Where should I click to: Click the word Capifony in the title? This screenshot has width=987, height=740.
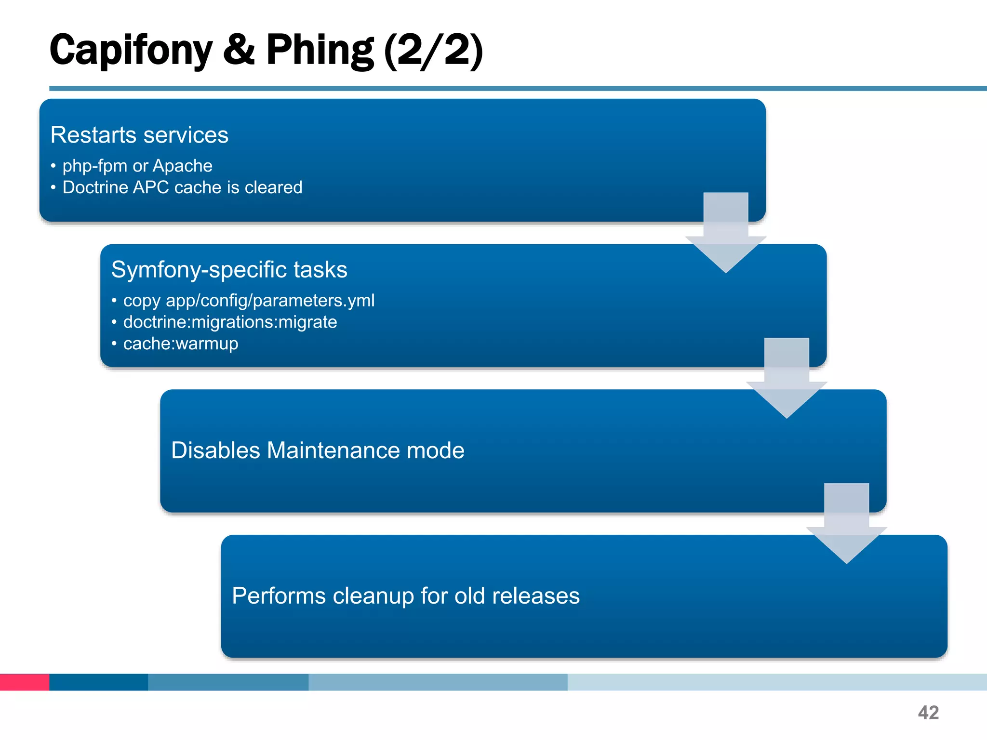tap(131, 51)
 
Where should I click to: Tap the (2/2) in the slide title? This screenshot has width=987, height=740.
tap(433, 51)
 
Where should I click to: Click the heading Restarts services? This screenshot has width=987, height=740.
tap(139, 135)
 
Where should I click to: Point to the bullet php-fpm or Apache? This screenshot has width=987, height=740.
tap(137, 166)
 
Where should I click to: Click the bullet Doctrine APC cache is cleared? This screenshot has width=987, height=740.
tap(182, 187)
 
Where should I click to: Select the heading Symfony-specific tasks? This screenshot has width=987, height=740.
tap(229, 269)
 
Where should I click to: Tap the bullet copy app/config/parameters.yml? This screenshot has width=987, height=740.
tap(249, 301)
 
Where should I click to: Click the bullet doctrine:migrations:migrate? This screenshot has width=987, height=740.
tap(230, 322)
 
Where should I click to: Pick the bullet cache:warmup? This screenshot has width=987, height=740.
tap(181, 344)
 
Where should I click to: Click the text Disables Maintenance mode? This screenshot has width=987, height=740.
tap(318, 450)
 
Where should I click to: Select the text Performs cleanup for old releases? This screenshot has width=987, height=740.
tap(406, 596)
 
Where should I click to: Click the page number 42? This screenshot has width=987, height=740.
tap(928, 713)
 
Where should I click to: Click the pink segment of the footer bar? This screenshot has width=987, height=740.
tap(24, 682)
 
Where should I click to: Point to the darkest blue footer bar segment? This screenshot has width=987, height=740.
tap(98, 682)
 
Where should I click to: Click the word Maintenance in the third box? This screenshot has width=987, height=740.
tap(333, 450)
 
